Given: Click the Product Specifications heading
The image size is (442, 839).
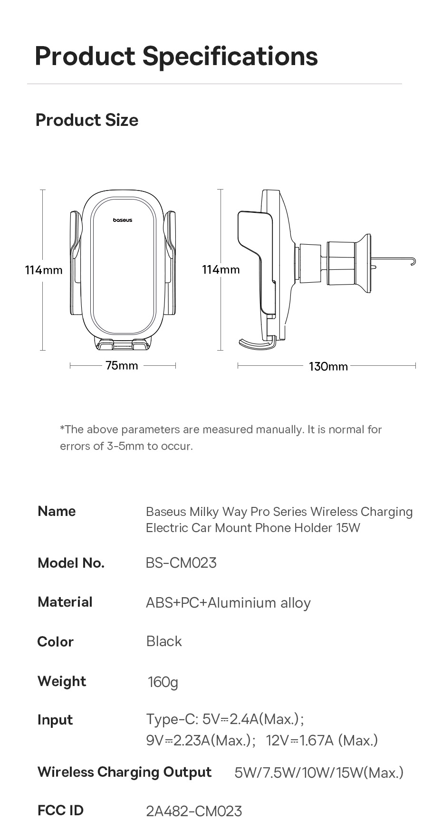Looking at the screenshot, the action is click(176, 56).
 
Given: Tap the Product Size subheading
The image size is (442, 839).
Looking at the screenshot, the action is click(87, 120).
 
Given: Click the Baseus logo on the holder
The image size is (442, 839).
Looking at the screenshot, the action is click(123, 220).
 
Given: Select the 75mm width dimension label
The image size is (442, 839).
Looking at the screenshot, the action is click(122, 365).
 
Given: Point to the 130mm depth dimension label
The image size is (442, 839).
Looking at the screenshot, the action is click(328, 366).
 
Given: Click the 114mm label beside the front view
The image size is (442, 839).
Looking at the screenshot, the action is click(44, 270).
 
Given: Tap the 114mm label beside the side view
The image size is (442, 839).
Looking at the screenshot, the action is click(221, 270).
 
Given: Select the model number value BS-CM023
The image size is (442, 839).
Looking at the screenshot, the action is click(181, 563).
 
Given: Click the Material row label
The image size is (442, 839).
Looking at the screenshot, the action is click(65, 602).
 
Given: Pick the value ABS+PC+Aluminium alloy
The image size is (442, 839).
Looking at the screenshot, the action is click(228, 603).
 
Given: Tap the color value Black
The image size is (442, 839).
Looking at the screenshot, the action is click(164, 641).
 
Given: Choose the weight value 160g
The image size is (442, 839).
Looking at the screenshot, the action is click(163, 682).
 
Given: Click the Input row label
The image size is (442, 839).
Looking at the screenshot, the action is click(55, 720).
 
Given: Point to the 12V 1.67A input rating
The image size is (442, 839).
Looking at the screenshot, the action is click(322, 740).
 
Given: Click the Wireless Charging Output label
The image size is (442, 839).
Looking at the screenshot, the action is click(125, 772).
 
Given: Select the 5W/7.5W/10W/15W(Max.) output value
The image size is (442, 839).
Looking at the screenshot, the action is click(319, 773).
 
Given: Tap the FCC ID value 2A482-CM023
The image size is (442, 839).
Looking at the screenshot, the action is click(194, 811).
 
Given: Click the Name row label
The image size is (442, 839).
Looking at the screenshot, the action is click(57, 511).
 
